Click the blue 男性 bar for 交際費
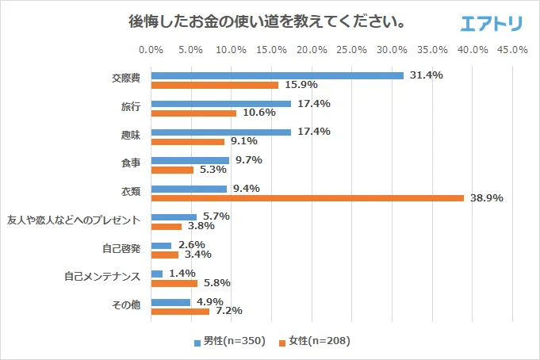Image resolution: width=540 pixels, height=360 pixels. (278, 75)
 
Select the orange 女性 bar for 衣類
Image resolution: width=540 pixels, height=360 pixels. (307, 198)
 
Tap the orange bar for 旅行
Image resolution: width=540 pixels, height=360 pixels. (193, 113)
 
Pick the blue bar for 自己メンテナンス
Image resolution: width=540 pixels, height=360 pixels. (156, 274)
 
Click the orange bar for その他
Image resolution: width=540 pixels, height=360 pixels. (180, 311)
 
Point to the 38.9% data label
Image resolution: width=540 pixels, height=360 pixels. (487, 198)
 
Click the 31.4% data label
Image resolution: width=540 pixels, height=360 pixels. (427, 75)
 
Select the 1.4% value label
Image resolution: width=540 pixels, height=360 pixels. (181, 273)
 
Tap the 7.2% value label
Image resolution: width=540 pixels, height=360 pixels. (228, 311)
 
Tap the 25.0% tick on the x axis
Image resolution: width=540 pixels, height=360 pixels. (352, 49)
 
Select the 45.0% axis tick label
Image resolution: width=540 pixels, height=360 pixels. (513, 49)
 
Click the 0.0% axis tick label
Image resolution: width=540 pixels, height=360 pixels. (151, 49)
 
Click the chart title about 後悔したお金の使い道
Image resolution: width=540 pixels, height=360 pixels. (268, 21)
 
